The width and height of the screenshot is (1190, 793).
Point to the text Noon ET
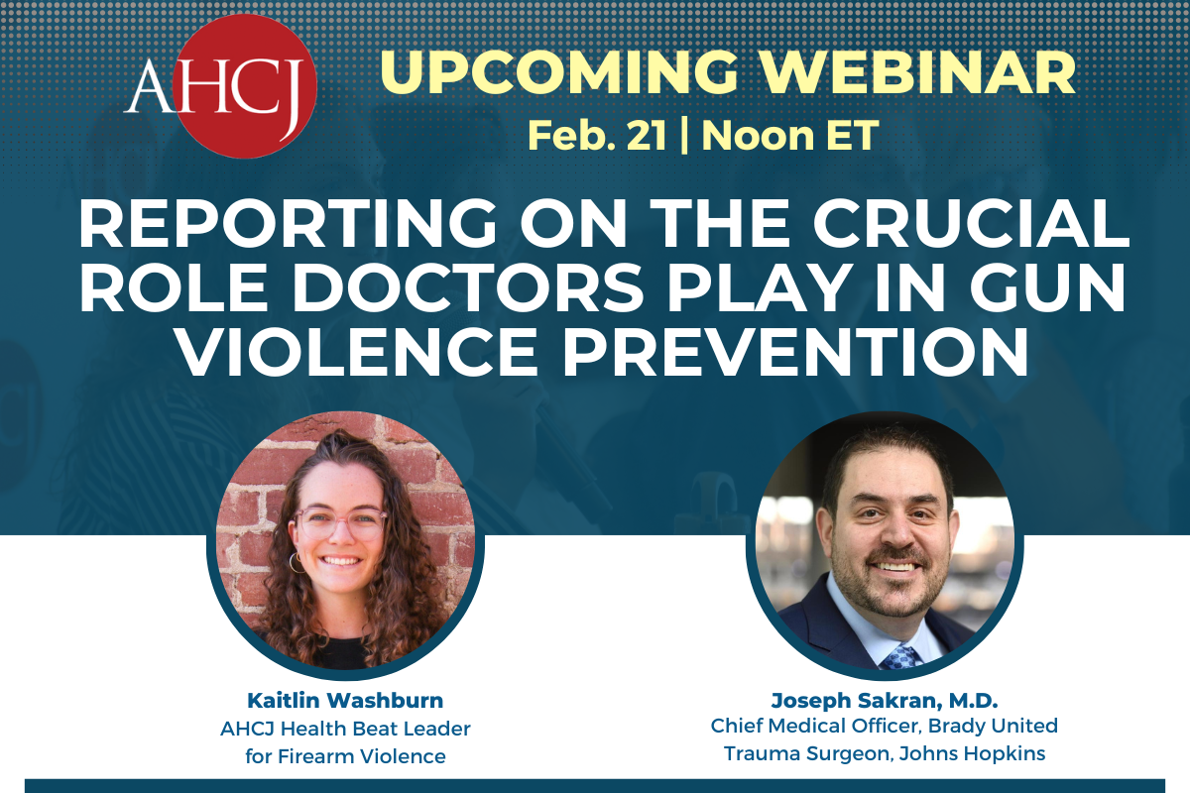[790, 135]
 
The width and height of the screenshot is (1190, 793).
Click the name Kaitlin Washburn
[344, 702]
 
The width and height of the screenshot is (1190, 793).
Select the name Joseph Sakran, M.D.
[884, 702]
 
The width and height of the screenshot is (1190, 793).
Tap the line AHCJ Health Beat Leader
[344, 730]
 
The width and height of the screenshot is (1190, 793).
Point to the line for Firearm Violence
[344, 756]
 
